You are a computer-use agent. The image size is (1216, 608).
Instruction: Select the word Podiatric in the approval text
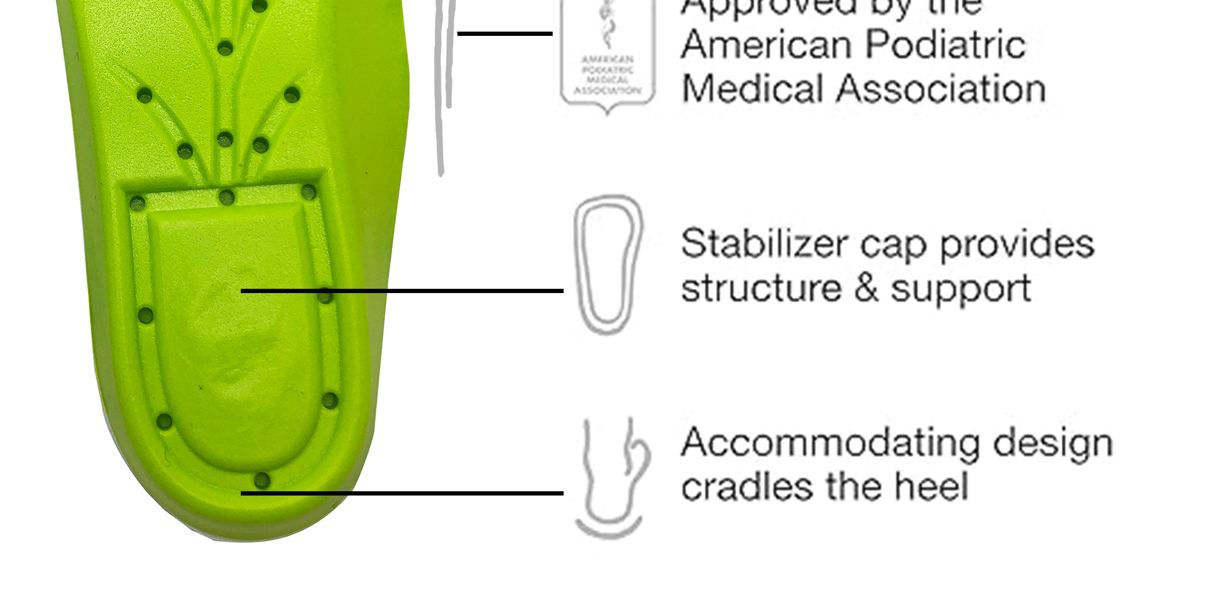tap(945, 45)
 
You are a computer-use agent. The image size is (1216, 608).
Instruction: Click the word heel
tap(931, 486)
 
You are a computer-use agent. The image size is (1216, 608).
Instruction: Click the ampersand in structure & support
tap(866, 288)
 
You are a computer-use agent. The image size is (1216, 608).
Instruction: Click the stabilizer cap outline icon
tap(607, 264)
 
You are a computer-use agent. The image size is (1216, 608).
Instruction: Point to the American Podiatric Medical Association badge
tap(607, 55)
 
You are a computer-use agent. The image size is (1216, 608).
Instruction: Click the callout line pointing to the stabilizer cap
tap(401, 291)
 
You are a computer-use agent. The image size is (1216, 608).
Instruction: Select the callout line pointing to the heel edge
tap(401, 493)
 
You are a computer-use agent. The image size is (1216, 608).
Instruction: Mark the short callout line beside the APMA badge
tap(505, 33)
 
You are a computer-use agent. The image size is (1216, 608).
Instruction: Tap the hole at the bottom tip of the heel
tap(261, 480)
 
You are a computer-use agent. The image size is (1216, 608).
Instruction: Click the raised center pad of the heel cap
tap(237, 340)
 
